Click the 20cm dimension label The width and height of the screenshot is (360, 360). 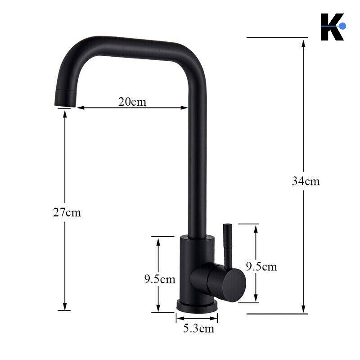coord(132,102)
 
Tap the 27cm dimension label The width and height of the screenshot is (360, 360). coord(67,212)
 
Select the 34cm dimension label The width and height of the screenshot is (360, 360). coord(306,181)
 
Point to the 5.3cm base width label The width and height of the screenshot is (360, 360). coord(198,328)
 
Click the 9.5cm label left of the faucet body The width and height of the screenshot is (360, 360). coord(160,279)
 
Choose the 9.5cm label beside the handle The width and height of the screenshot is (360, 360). coord(261,266)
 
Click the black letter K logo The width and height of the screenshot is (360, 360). coord(332,27)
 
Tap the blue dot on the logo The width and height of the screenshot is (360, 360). coord(342,26)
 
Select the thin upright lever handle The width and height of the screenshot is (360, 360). coord(228,246)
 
